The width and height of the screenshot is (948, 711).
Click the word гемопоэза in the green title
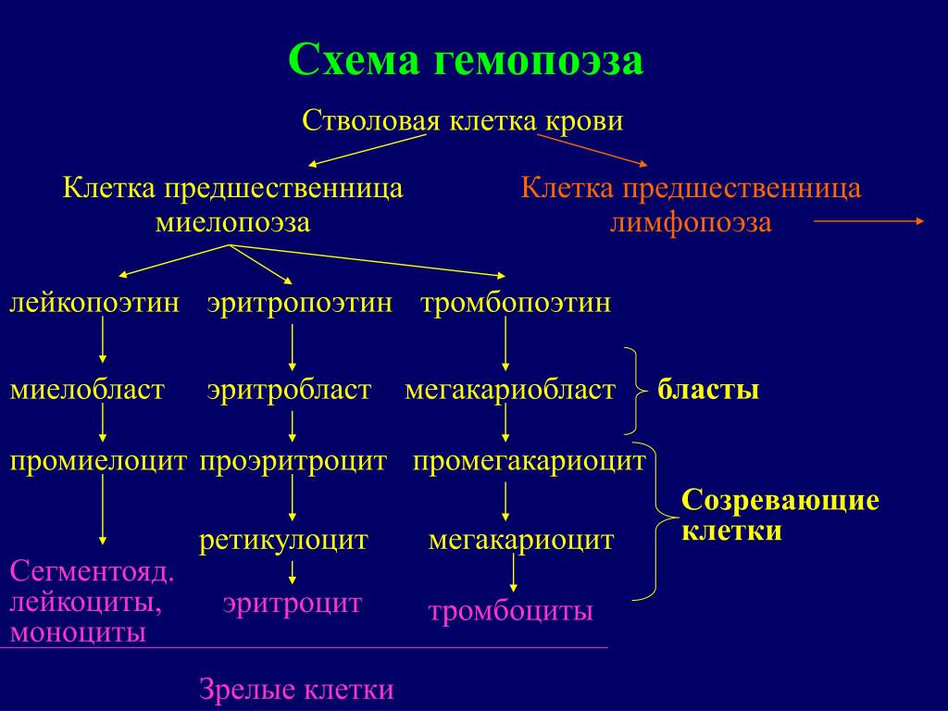point(538,60)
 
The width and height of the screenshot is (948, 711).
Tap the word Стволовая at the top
point(370,121)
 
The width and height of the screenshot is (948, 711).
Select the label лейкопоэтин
point(95,303)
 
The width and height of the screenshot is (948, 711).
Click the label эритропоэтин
point(300,303)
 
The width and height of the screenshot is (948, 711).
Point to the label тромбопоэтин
point(516,303)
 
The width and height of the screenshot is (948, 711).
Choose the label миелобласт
point(87,390)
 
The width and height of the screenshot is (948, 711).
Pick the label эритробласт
point(289,390)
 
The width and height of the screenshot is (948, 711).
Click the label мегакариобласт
point(510,390)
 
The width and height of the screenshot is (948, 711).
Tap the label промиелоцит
point(98,461)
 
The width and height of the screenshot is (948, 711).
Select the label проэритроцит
point(293,462)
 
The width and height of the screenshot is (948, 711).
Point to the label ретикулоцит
point(283,540)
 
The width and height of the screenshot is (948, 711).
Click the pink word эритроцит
point(292,604)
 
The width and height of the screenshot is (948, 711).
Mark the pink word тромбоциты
point(510,611)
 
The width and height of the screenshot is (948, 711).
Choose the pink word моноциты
point(78,632)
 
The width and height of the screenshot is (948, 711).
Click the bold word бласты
point(708,390)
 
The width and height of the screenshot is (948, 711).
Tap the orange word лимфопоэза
point(691,222)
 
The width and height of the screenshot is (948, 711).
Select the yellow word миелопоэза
point(232,222)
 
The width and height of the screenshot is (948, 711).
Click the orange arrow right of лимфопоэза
point(869,221)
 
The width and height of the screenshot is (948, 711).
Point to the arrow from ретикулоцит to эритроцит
point(293,572)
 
